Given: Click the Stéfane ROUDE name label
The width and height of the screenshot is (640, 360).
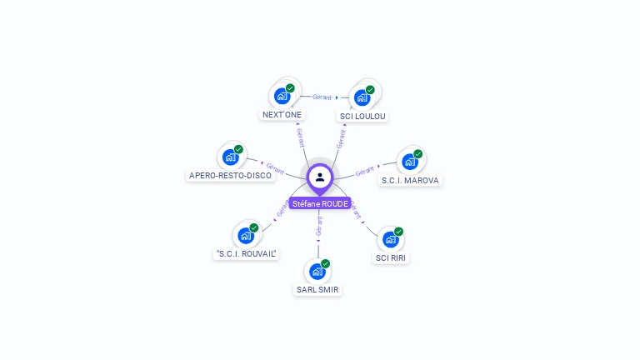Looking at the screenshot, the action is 320,203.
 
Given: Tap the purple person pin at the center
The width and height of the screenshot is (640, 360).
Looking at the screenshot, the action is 320,177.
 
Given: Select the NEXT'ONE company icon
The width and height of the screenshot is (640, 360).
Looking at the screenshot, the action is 282,96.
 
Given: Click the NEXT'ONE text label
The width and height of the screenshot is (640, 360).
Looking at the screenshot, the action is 282,114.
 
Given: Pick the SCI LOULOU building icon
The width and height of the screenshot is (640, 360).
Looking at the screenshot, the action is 362,97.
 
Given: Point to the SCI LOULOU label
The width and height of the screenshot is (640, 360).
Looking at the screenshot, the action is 362,116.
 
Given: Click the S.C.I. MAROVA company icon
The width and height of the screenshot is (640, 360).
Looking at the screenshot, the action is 409,162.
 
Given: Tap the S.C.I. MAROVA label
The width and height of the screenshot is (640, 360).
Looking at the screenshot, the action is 410,180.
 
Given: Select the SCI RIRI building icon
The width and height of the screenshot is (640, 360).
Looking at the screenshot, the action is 390,240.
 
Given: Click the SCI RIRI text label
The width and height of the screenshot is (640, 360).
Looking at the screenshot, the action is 392,258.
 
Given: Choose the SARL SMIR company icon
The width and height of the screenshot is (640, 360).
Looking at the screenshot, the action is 317,272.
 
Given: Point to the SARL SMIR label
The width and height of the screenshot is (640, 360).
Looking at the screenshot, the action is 317,290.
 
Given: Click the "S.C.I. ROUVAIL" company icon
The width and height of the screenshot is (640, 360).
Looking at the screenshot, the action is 245,235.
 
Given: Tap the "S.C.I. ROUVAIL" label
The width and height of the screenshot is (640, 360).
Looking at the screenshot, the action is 246,253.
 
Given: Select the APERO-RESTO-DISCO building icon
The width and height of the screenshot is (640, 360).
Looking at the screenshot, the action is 230,157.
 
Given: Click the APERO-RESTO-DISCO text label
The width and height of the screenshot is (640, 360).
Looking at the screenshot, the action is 230,176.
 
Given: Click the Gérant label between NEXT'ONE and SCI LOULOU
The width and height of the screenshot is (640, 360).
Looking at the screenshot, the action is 322,97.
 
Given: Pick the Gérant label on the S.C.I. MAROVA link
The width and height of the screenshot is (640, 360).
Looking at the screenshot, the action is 364,172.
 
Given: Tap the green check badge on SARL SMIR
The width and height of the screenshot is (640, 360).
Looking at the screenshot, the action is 326,263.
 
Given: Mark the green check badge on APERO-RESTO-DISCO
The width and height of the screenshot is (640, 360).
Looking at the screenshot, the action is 239,149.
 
